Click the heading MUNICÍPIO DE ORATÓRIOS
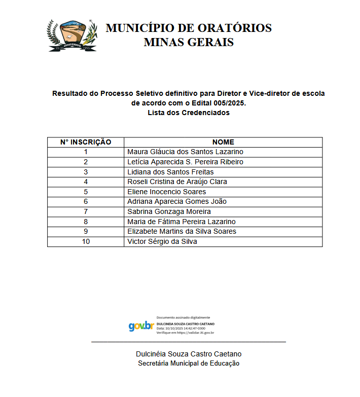[189, 28]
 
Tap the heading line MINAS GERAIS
[189, 42]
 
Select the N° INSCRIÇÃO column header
[86, 142]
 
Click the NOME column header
[223, 142]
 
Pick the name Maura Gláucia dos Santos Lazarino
[185, 152]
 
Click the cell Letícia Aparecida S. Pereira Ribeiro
[185, 162]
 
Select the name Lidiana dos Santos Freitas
[170, 172]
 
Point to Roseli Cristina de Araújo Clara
[177, 182]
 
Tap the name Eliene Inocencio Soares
[166, 192]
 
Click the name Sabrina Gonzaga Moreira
[169, 211]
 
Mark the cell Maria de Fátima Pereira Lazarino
[181, 222]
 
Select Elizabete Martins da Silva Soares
[182, 231]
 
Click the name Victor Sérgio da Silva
[162, 241]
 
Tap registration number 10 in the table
[86, 241]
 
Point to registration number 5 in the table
[86, 192]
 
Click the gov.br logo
[141, 326]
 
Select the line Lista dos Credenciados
[189, 113]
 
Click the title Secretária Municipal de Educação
[189, 363]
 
